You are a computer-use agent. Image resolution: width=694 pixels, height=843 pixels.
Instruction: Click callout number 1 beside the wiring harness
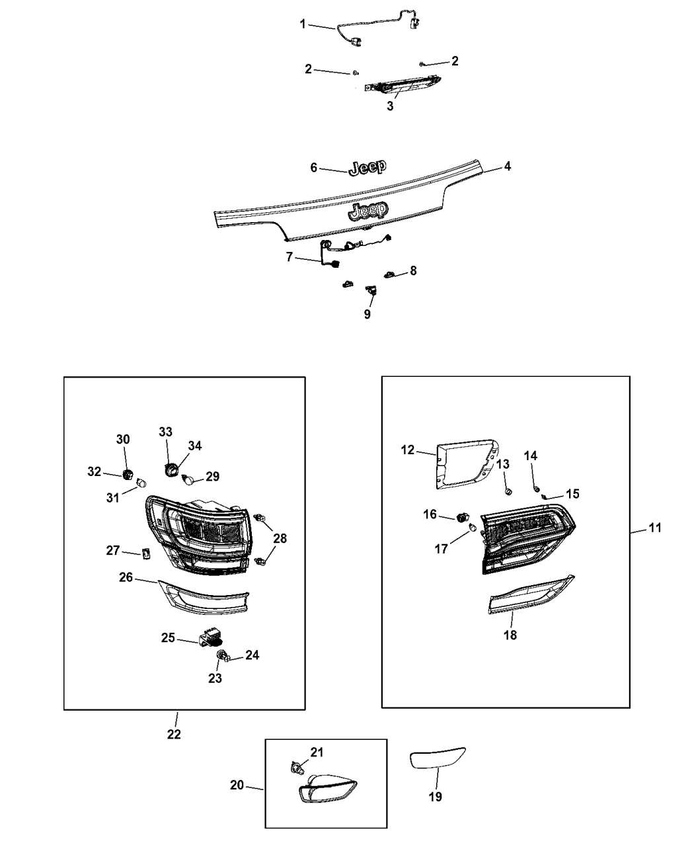(x=303, y=24)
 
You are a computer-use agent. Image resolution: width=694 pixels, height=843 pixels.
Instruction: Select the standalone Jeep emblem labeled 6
(x=367, y=168)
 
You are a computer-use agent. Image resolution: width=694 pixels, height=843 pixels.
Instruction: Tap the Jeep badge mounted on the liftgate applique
(x=369, y=212)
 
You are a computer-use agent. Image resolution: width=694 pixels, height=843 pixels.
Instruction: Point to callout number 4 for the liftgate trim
(x=507, y=166)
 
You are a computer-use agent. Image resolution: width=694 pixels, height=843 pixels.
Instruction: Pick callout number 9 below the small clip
(x=367, y=314)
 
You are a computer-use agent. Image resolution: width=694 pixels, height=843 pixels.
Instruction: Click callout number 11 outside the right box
(x=655, y=528)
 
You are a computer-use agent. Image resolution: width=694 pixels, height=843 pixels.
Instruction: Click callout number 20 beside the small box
(x=237, y=785)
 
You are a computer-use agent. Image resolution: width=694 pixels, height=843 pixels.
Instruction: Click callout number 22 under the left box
(x=174, y=734)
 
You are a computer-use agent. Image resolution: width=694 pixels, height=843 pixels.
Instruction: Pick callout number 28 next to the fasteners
(x=280, y=538)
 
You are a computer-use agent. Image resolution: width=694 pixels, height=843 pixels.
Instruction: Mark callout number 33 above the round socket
(x=165, y=432)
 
